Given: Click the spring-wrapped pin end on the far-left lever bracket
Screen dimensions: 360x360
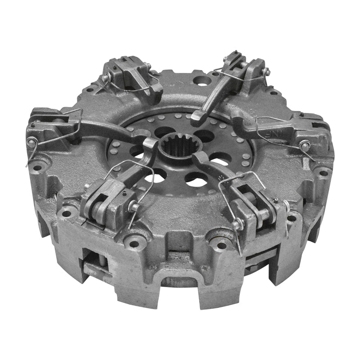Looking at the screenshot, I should [x=32, y=143].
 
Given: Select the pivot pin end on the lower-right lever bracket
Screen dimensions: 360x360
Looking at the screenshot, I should [x=237, y=224].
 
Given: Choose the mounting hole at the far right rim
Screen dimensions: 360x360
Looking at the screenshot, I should [x=323, y=172].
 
